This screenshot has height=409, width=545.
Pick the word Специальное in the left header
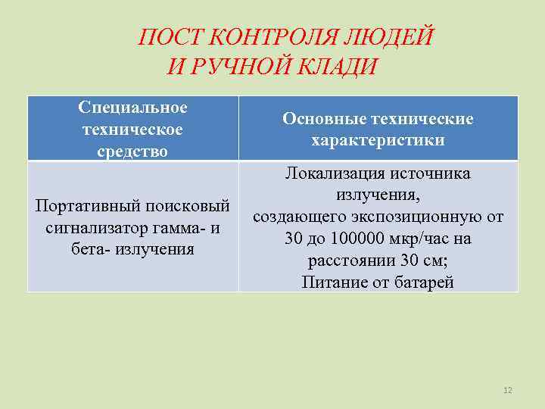(132, 108)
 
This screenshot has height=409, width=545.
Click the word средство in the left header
(132, 151)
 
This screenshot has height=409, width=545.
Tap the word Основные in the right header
(318, 119)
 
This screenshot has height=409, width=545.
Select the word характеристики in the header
(378, 141)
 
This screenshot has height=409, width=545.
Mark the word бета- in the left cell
(90, 248)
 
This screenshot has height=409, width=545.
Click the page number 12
(508, 390)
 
